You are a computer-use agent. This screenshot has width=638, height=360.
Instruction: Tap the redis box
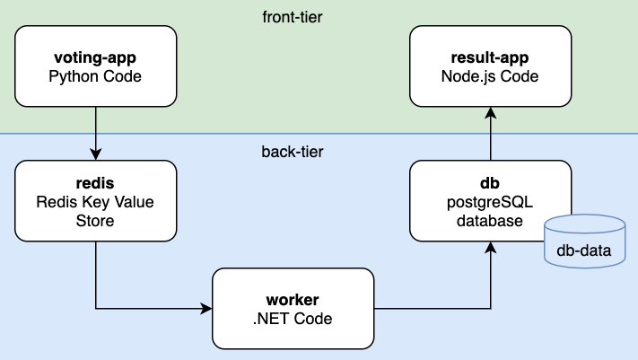(94, 201)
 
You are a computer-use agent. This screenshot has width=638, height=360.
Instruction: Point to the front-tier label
(293, 16)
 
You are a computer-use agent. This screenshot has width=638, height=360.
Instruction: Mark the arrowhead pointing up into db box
(490, 248)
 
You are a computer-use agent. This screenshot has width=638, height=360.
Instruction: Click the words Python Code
(94, 77)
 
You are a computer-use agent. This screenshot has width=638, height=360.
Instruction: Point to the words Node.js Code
(490, 77)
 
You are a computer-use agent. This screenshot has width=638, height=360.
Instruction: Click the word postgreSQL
(490, 201)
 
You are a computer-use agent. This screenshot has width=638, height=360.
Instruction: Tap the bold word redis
(94, 183)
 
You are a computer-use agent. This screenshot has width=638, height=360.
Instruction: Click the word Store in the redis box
(94, 220)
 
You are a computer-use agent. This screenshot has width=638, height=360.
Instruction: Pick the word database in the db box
(490, 220)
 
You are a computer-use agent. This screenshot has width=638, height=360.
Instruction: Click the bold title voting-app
(94, 58)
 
